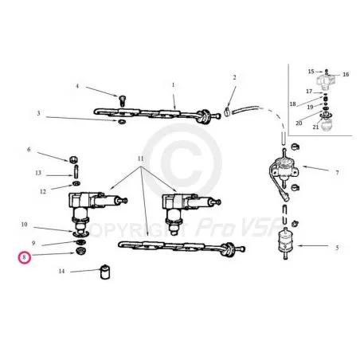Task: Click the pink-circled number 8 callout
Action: point(25,257)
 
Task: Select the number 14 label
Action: point(61,271)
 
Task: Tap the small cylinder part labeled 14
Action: point(105,272)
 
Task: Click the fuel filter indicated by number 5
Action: point(285,244)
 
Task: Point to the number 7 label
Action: point(337,173)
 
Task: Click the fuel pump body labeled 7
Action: point(284,168)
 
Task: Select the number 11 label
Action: point(140,158)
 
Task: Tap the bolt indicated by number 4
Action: point(122,100)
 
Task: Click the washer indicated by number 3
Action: point(122,122)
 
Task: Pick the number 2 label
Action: point(234,77)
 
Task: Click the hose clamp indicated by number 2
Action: point(227,112)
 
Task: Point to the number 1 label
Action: point(174,84)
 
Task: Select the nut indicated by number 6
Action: point(73,159)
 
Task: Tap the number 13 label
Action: point(38,173)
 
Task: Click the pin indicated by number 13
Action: point(76,171)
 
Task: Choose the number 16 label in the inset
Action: point(346,74)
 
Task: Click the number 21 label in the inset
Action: point(315,127)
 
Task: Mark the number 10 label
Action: point(24,225)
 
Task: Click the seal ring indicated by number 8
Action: point(80,251)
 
